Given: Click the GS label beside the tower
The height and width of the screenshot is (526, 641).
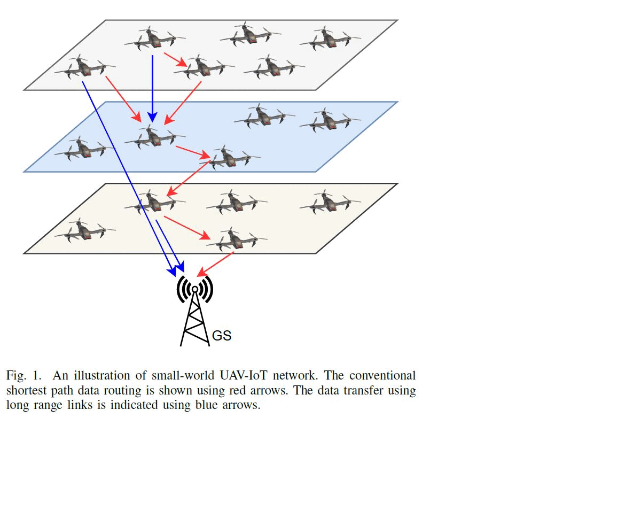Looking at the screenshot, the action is pyautogui.click(x=221, y=336).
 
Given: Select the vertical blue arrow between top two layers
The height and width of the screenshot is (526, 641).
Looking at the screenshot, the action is pyautogui.click(x=152, y=89).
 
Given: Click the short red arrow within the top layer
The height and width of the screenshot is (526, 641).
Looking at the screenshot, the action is pyautogui.click(x=175, y=60).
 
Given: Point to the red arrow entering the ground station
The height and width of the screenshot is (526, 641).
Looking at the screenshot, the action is pyautogui.click(x=215, y=264).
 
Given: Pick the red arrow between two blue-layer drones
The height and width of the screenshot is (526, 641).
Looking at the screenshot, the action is pyautogui.click(x=193, y=152).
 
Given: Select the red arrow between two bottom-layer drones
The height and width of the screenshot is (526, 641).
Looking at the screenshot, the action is pyautogui.click(x=187, y=228).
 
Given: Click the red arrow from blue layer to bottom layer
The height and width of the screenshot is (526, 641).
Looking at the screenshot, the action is pyautogui.click(x=189, y=179).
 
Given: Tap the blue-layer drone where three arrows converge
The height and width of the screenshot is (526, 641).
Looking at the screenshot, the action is pyautogui.click(x=155, y=137).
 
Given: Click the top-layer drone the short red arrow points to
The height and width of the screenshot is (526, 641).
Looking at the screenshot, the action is pyautogui.click(x=204, y=67).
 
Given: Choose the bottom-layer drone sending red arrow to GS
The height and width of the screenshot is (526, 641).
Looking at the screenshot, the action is pyautogui.click(x=237, y=239).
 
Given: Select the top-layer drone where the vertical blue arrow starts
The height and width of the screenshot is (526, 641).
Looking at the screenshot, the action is pyautogui.click(x=155, y=38).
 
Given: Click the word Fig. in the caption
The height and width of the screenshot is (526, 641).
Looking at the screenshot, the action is pyautogui.click(x=16, y=376).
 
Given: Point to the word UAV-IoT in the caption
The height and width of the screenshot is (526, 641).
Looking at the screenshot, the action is pyautogui.click(x=244, y=375).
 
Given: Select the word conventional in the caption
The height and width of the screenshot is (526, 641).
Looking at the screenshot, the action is pyautogui.click(x=382, y=375).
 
